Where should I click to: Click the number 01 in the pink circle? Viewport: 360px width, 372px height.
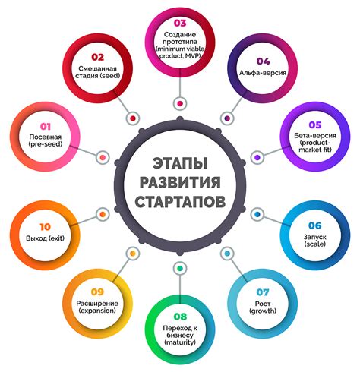(46, 126)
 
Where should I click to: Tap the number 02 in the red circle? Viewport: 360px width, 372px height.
(98, 57)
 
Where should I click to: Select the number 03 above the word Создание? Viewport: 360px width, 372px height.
(180, 23)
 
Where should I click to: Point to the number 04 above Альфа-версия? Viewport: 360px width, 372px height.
(264, 61)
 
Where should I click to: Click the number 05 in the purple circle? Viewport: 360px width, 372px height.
(315, 125)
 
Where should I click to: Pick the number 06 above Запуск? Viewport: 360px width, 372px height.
(315, 225)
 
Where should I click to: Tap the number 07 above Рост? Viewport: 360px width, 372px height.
(263, 292)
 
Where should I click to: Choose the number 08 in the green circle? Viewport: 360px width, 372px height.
(180, 317)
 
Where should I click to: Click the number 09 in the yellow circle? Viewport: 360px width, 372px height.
(97, 292)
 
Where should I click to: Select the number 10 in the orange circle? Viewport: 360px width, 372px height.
(46, 227)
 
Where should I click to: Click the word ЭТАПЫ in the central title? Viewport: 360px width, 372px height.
(180, 163)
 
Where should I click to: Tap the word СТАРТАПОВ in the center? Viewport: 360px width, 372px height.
(180, 202)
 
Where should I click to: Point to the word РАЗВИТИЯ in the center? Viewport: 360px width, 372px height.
(180, 183)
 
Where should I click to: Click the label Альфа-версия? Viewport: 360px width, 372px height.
(263, 73)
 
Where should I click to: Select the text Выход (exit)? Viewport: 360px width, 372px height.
(46, 238)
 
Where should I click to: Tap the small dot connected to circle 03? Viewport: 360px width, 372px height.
(180, 103)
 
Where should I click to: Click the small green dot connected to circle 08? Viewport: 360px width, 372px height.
(180, 268)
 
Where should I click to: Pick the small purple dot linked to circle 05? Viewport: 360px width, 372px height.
(257, 157)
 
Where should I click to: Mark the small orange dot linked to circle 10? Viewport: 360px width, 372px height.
(103, 214)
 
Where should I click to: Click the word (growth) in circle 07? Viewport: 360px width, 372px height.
(263, 311)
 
